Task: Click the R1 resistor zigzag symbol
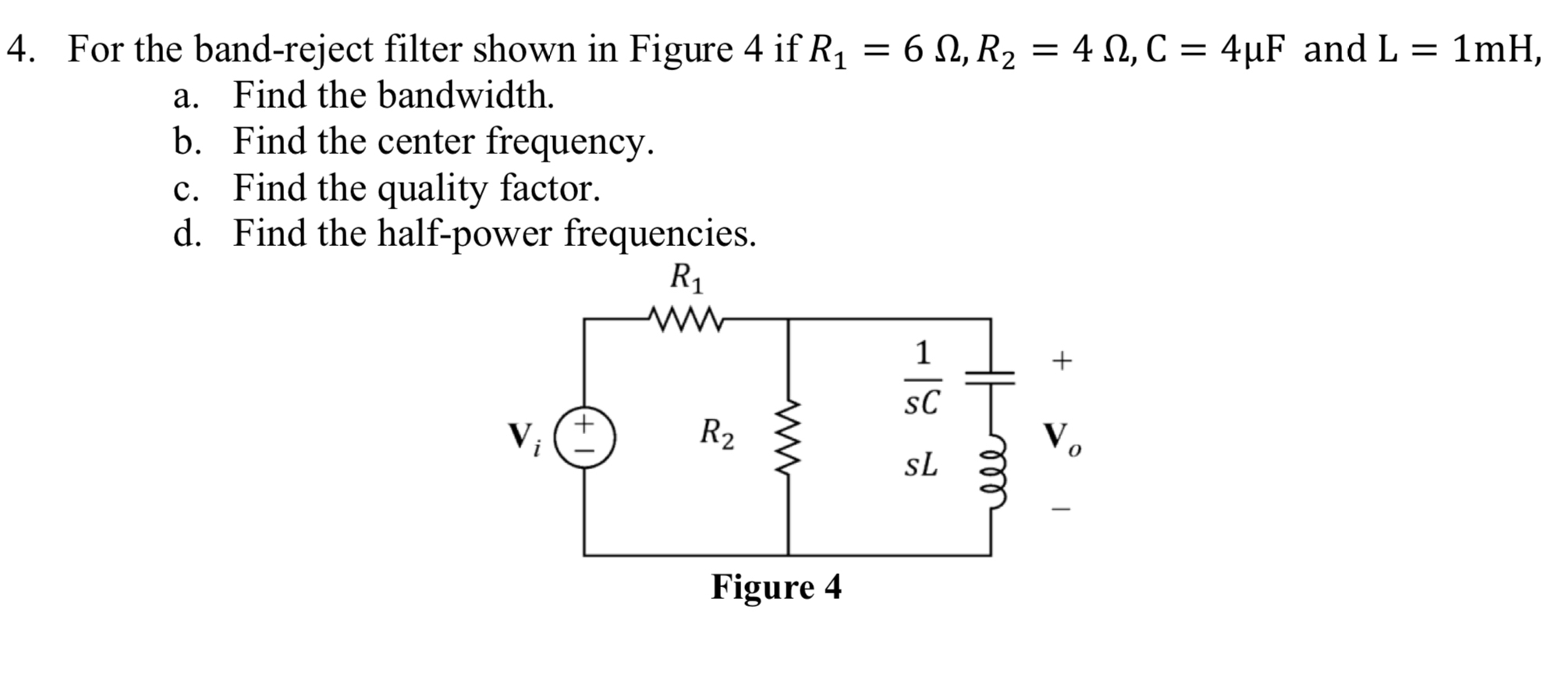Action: pyautogui.click(x=686, y=319)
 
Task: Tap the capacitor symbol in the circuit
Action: pyautogui.click(x=990, y=378)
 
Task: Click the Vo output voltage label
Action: pyautogui.click(x=1062, y=439)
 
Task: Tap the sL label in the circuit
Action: pyautogui.click(x=921, y=465)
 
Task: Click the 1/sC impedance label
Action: pyautogui.click(x=922, y=378)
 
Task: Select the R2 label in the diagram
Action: pyautogui.click(x=716, y=433)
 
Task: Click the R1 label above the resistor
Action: pyautogui.click(x=686, y=278)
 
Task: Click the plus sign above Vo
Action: pyautogui.click(x=1061, y=361)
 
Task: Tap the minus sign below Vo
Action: pyautogui.click(x=1061, y=509)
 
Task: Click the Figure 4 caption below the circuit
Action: pyautogui.click(x=776, y=587)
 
